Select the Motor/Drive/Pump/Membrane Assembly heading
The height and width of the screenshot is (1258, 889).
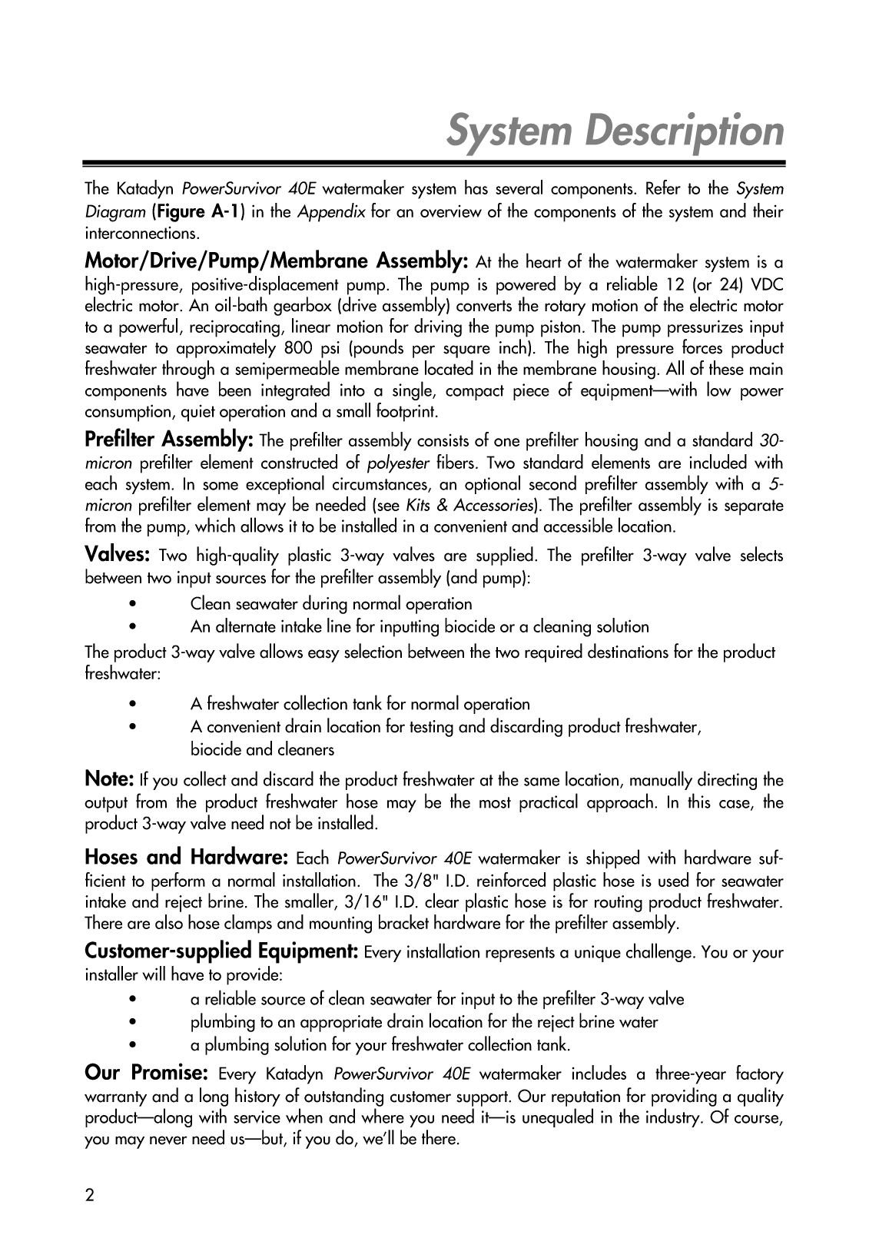click(x=276, y=261)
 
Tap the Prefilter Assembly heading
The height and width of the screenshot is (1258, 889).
click(x=169, y=440)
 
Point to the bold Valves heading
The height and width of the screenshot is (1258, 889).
click(x=117, y=554)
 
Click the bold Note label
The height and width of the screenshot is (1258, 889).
click(x=109, y=779)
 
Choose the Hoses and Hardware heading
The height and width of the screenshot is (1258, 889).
click(x=186, y=857)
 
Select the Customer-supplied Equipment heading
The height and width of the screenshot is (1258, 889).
click(x=221, y=951)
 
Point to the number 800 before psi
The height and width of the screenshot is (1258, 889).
click(x=297, y=348)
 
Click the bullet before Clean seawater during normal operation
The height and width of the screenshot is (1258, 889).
click(x=134, y=604)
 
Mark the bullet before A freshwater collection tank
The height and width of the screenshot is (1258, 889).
click(x=134, y=704)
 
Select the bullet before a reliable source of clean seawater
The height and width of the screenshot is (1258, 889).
click(x=134, y=999)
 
